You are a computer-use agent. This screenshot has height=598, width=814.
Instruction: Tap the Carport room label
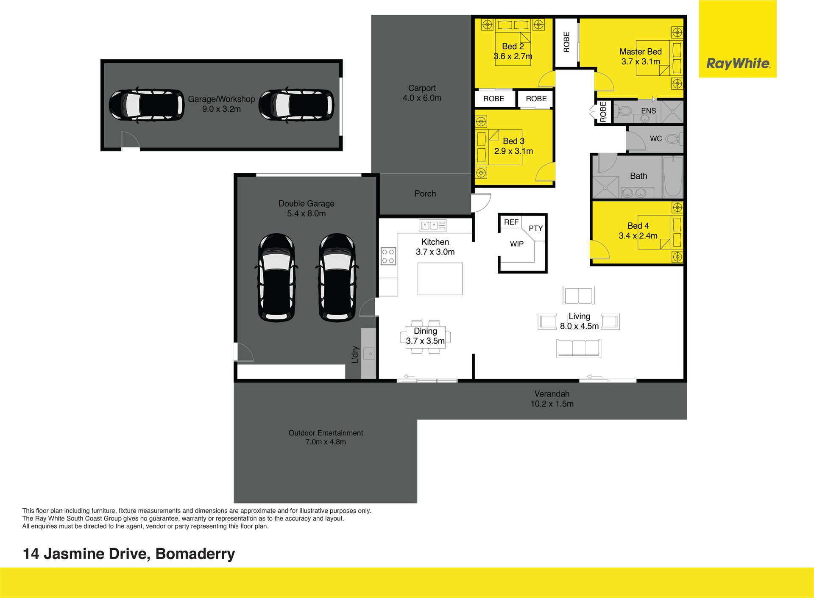(422, 88)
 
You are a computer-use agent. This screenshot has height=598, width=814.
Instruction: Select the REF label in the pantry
(511, 222)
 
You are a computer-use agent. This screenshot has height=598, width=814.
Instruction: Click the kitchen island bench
(440, 279)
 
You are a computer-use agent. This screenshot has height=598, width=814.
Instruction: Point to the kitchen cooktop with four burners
(388, 256)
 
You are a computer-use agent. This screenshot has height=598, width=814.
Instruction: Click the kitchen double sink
(433, 225)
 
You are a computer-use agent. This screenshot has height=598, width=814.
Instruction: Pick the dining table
(425, 337)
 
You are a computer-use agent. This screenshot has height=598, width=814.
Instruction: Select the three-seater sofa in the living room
(579, 348)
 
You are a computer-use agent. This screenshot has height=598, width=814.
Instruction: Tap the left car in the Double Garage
(276, 277)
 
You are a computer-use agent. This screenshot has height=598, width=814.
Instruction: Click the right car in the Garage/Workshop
(296, 105)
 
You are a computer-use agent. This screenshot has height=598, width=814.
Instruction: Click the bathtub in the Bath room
(673, 177)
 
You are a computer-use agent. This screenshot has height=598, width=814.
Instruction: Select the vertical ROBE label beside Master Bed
(566, 42)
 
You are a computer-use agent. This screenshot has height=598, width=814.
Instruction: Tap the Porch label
(425, 194)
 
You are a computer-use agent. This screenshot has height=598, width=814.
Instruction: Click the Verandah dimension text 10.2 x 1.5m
(552, 404)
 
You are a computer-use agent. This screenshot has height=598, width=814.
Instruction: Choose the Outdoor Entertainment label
(326, 433)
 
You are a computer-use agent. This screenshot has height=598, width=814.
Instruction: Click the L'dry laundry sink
(369, 354)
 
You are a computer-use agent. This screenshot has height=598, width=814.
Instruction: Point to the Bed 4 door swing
(599, 249)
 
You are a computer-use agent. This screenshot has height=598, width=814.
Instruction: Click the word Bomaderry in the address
(195, 554)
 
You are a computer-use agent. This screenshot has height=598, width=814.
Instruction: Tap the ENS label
(648, 111)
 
